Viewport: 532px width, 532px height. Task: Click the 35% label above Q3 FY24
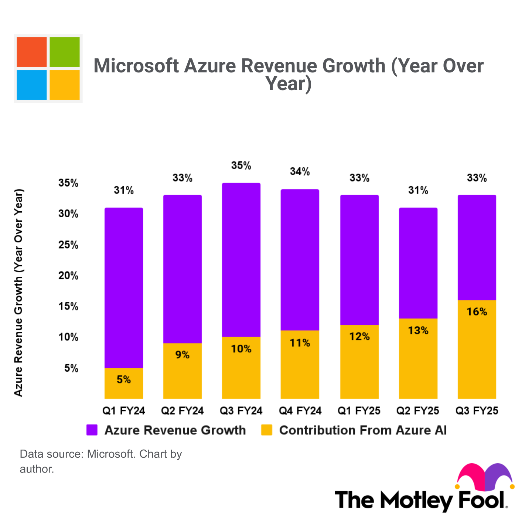[241, 166]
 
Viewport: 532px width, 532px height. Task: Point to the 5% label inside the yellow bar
[124, 379]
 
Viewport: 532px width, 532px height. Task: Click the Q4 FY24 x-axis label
[300, 411]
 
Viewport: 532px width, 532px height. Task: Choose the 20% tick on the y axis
[68, 276]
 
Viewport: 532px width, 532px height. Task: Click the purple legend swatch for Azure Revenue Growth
[92, 430]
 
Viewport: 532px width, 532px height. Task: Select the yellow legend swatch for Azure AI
[266, 430]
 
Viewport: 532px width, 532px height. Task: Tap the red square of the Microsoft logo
[32, 52]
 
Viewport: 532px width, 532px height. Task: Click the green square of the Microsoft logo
[65, 52]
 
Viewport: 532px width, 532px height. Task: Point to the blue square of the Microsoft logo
[32, 85]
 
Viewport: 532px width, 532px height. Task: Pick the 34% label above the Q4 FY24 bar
[300, 171]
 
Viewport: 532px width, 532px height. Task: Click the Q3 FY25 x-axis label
[477, 411]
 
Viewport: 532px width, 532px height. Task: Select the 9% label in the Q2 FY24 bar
[183, 355]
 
